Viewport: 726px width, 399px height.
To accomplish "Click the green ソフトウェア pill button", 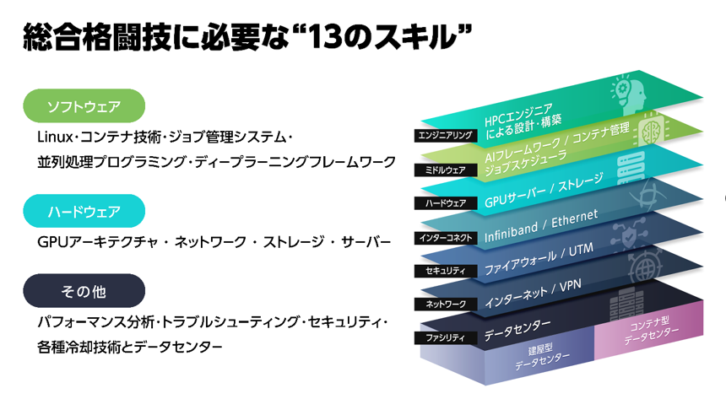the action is [84, 106].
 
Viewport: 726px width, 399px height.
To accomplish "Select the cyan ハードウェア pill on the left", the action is [84, 211].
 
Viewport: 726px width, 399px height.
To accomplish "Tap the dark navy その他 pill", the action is [84, 291].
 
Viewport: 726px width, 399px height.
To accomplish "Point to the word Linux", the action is [55, 137].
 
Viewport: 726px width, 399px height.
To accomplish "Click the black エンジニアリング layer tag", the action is [446, 135].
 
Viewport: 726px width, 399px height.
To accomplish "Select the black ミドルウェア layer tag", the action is [446, 170].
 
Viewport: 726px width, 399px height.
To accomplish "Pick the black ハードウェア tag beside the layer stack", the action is [446, 203].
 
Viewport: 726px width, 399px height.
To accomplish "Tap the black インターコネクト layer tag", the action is [446, 238].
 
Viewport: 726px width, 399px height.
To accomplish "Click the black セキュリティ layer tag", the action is [446, 271].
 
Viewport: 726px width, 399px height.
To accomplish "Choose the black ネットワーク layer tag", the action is [446, 305].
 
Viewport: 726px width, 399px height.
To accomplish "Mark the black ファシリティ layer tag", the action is [446, 338].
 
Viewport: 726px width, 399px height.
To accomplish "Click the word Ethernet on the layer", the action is [575, 218].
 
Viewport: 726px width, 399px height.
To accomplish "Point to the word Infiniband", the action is [512, 232].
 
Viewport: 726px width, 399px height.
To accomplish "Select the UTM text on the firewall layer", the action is [581, 251].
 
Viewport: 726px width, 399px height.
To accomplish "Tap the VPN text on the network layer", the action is [570, 287].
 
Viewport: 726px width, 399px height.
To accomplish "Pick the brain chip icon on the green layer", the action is [652, 130].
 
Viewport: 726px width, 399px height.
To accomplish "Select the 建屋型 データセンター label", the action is [541, 358].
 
